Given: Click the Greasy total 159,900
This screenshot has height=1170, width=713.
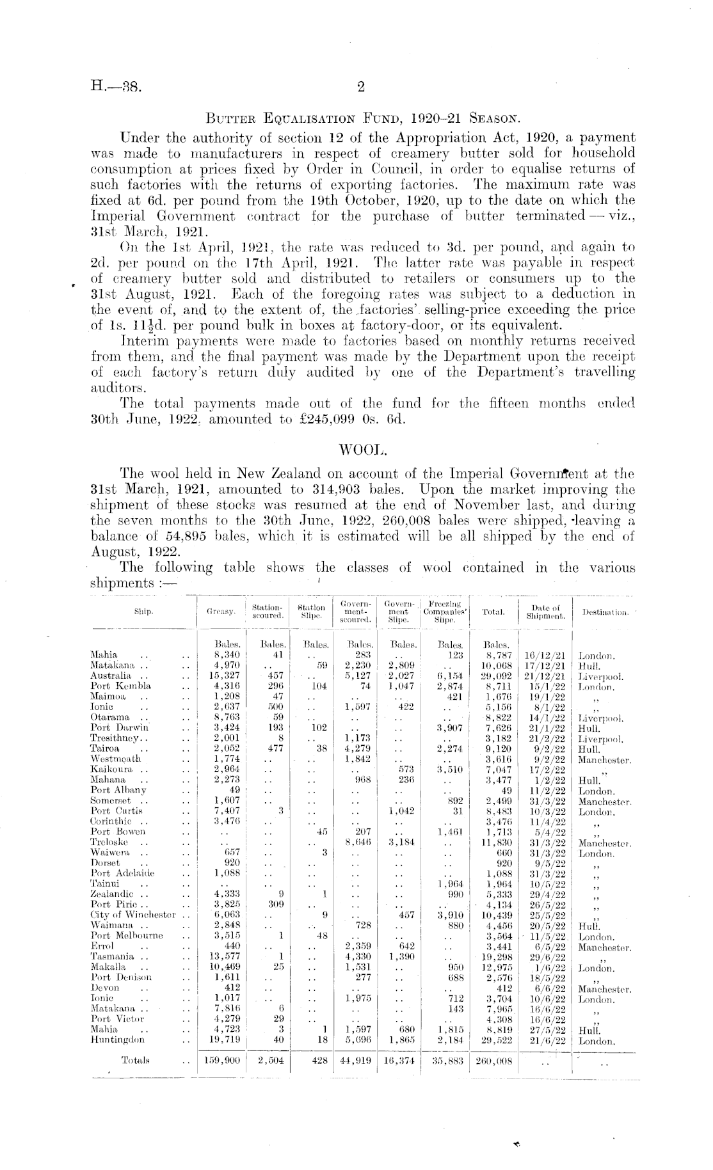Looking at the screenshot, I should (221, 1060).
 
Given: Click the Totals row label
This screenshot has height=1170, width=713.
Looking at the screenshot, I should (135, 1060).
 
